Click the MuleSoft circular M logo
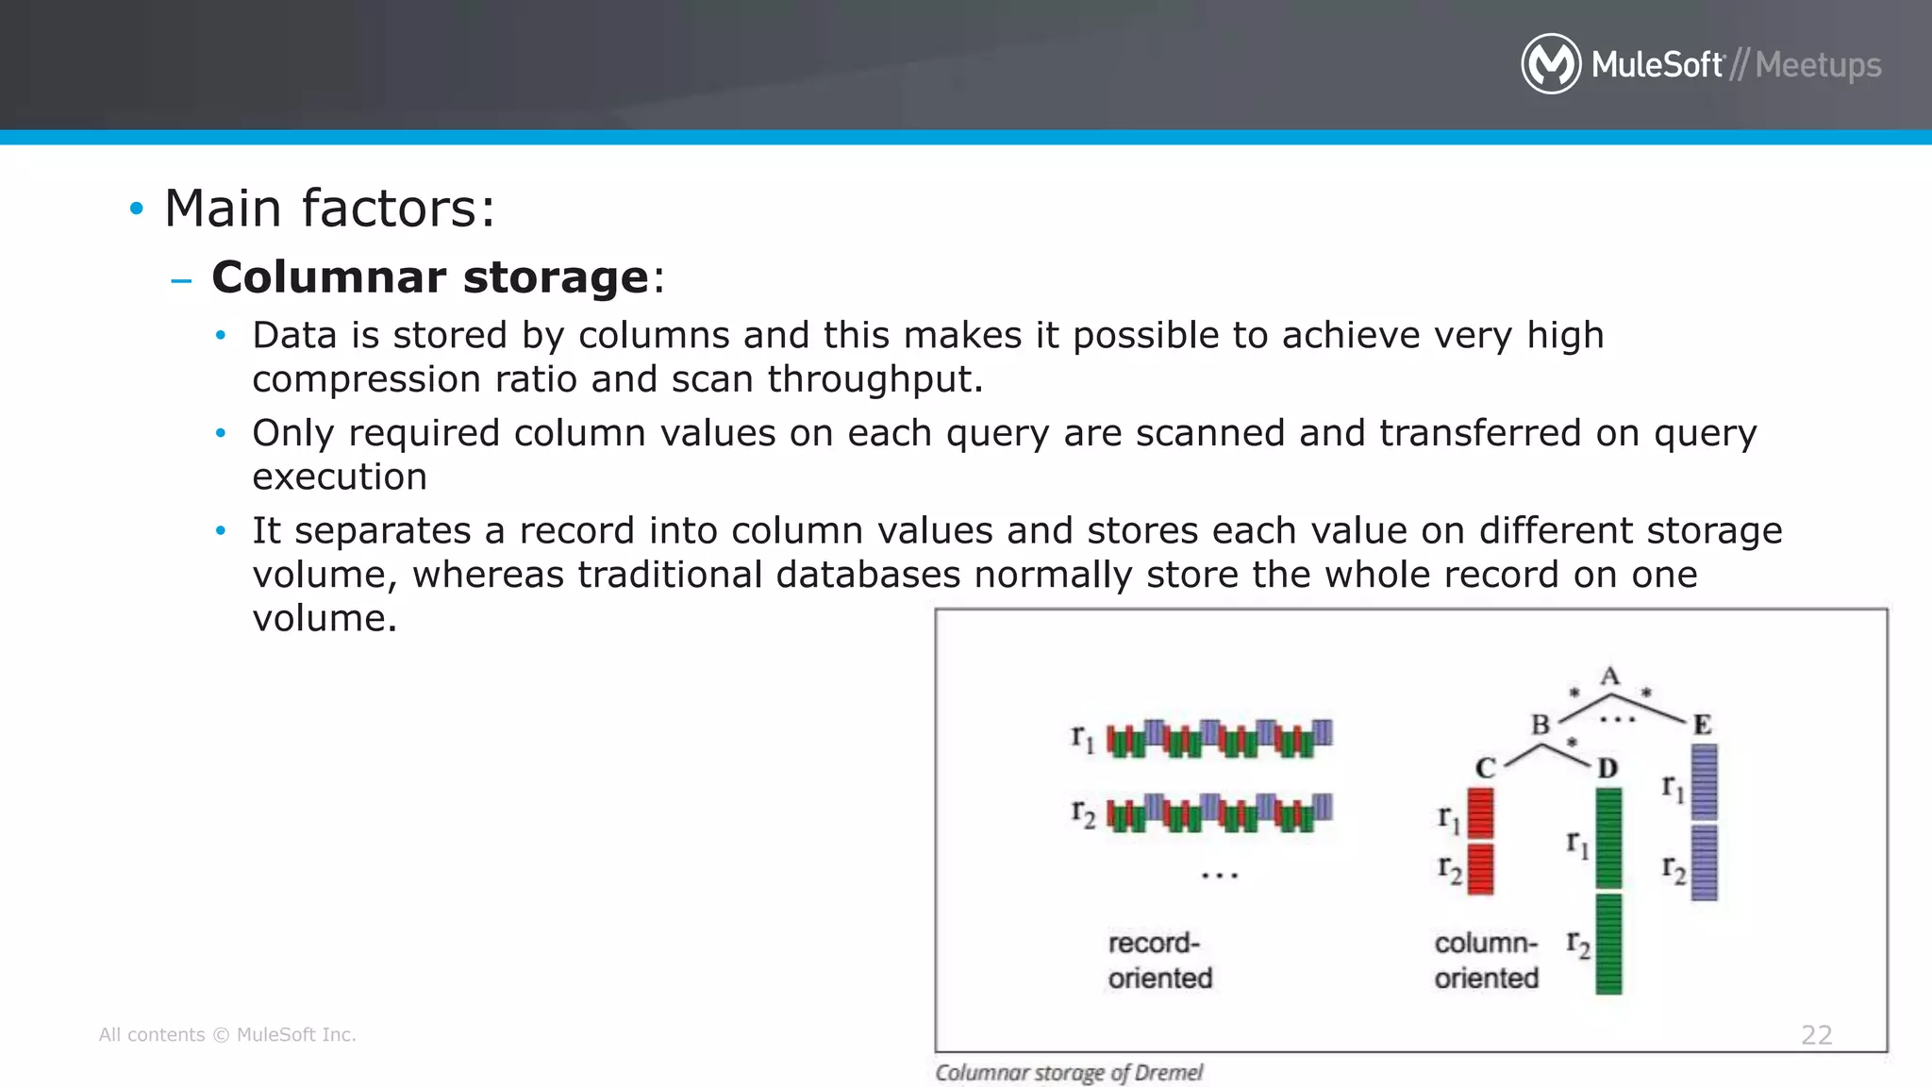click(1551, 64)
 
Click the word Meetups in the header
click(1818, 65)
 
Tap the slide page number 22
click(1816, 1035)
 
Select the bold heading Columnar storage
click(430, 277)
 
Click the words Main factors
click(328, 209)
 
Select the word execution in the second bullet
click(340, 477)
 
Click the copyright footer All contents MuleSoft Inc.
click(227, 1035)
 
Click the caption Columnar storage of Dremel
click(1068, 1073)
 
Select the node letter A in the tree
click(1610, 677)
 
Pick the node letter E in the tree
click(1702, 725)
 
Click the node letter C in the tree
click(1485, 768)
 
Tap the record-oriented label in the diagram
click(1159, 961)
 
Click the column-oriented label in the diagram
click(1486, 961)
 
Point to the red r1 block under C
click(1481, 813)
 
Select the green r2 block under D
click(1608, 944)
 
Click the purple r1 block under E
click(1704, 781)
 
